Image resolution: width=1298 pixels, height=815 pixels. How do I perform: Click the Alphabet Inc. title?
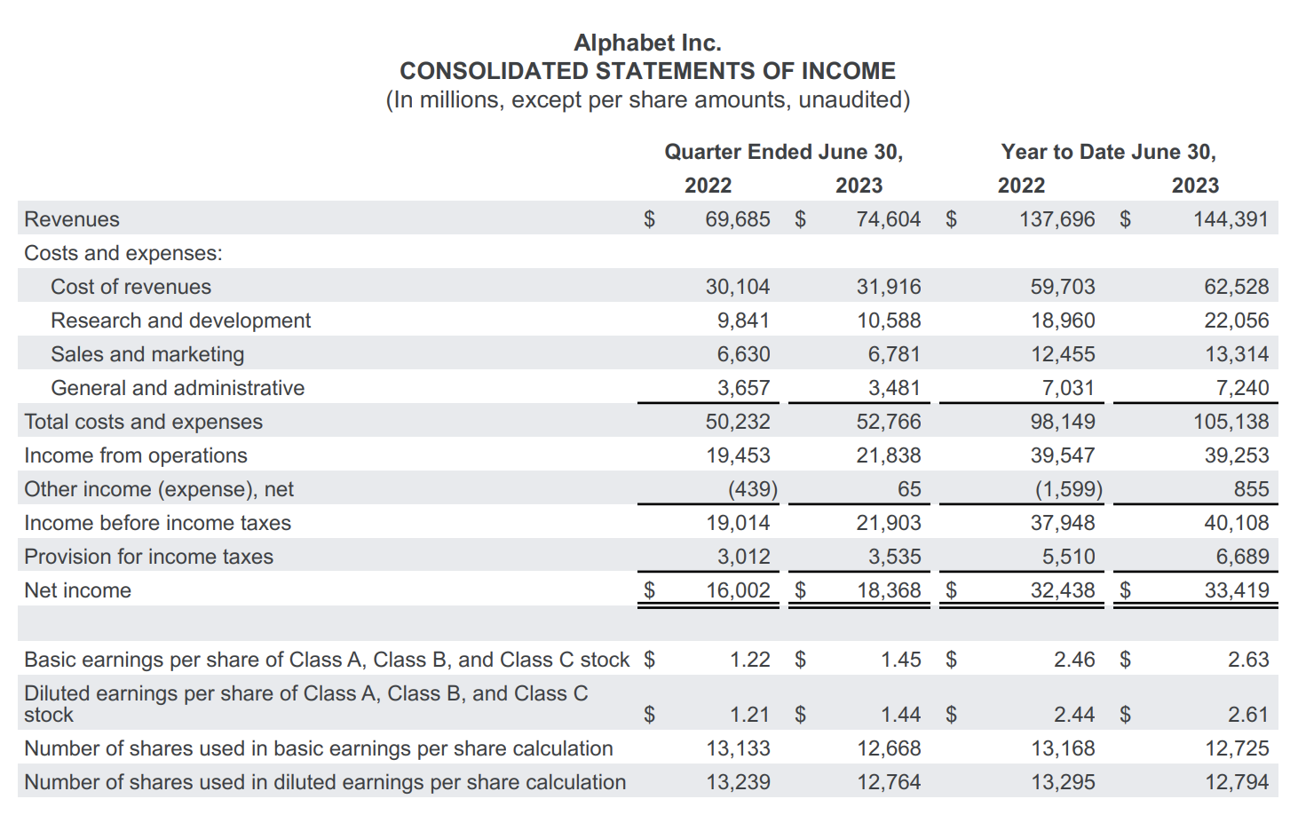tap(647, 43)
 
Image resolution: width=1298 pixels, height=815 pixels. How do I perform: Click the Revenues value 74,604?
tap(888, 219)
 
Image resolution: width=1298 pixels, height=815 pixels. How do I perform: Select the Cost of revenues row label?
tap(131, 287)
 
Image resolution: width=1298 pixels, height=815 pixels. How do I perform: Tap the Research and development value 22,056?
tap(1236, 320)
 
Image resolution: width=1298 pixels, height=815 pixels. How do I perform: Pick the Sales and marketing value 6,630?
tap(743, 354)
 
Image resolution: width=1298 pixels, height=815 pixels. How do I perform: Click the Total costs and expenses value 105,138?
tap(1231, 422)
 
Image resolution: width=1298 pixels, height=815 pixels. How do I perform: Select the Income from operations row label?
tap(136, 455)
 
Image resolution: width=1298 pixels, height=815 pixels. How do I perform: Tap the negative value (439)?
tap(752, 489)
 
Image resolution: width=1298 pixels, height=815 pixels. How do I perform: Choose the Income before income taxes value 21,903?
tap(888, 523)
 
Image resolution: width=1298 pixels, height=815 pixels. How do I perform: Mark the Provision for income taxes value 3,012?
tap(743, 557)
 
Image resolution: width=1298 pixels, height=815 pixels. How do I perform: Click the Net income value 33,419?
tap(1236, 590)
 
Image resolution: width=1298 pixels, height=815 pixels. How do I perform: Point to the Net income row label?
tap(77, 590)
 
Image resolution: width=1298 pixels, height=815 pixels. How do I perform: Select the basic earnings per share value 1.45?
tap(900, 660)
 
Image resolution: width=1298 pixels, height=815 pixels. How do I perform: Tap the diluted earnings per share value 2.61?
tap(1247, 715)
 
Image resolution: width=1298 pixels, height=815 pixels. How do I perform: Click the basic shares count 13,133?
tap(738, 748)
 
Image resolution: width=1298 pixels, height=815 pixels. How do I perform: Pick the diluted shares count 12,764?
tap(888, 782)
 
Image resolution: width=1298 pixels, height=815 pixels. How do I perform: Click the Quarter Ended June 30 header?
tap(783, 152)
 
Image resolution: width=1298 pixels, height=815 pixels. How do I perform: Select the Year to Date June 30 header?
tap(1108, 152)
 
